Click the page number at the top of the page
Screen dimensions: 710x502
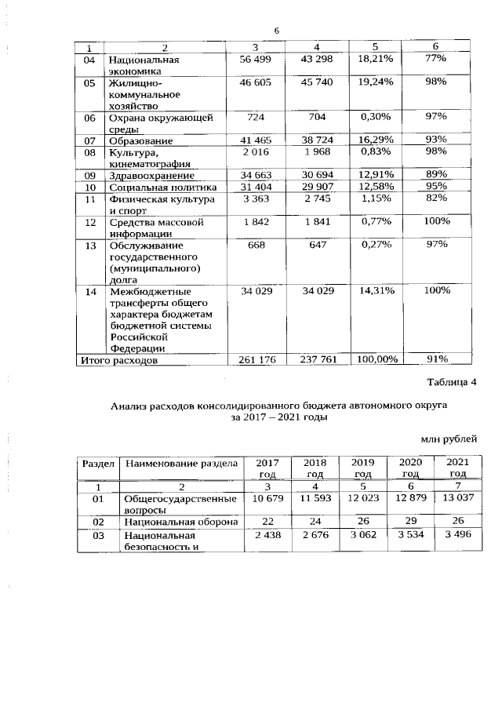tap(276, 31)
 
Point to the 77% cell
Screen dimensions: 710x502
tap(436, 60)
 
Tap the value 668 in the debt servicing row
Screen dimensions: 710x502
tap(255, 245)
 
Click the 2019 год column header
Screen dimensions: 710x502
tap(362, 468)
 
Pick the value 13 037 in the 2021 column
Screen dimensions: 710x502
tap(457, 500)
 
